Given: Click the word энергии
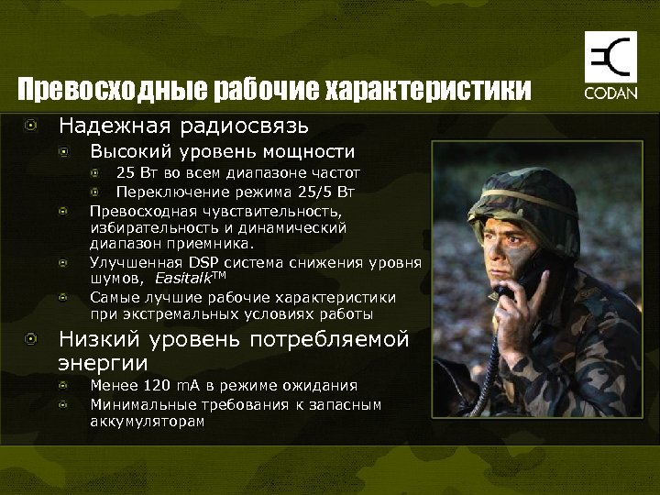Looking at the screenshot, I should pyautogui.click(x=104, y=364).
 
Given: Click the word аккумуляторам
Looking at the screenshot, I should pyautogui.click(x=147, y=422).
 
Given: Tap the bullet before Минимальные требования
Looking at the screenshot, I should pyautogui.click(x=64, y=404).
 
